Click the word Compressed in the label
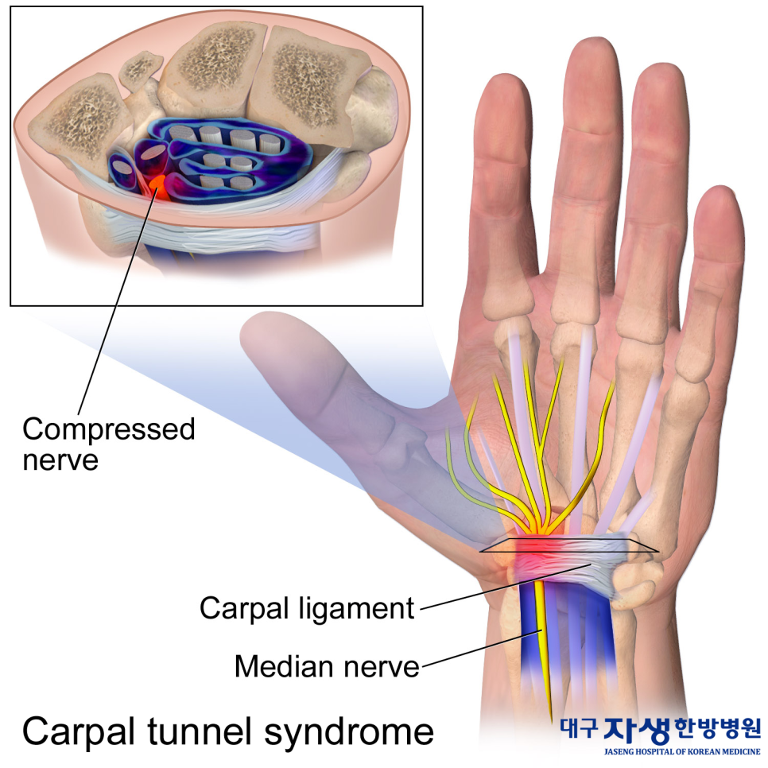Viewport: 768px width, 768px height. click(108, 430)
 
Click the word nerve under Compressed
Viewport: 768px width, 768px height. click(60, 460)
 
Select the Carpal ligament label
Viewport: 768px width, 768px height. click(307, 608)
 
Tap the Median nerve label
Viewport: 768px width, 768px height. click(326, 665)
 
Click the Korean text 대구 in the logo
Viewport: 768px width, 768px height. click(580, 727)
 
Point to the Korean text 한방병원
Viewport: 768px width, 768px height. click(718, 727)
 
